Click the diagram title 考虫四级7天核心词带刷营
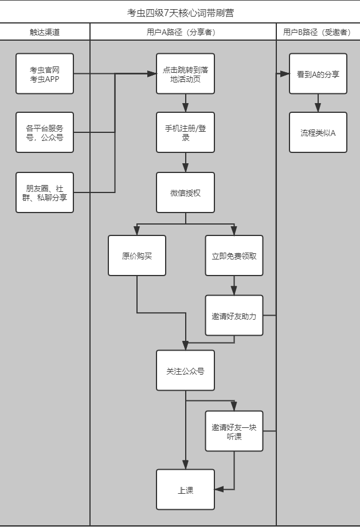click(180, 12)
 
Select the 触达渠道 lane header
click(45, 32)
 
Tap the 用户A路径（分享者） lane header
click(183, 32)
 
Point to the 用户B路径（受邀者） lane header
click(317, 32)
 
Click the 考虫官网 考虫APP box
click(45, 74)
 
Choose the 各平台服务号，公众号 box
click(45, 132)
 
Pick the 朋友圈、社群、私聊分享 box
click(45, 192)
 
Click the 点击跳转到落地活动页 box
click(186, 74)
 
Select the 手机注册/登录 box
click(186, 132)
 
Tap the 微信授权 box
click(186, 192)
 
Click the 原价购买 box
click(137, 255)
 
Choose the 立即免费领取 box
click(234, 255)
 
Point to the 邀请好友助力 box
click(234, 315)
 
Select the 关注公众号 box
click(186, 371)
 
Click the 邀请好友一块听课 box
click(234, 431)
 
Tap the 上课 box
click(186, 489)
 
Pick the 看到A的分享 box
click(318, 74)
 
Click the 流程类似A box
click(318, 132)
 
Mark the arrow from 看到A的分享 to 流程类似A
click(318, 103)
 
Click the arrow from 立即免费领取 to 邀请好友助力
click(234, 285)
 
